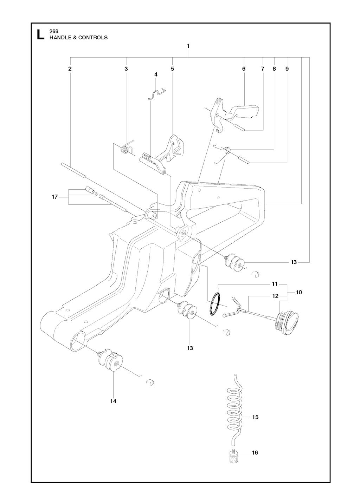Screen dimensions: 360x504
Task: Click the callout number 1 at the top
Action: coord(188,46)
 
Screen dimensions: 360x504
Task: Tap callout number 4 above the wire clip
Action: coord(156,74)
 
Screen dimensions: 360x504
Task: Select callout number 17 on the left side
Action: coord(55,197)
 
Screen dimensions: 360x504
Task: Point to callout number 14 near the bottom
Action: coord(113,401)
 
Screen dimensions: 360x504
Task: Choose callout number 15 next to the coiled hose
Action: coord(255,417)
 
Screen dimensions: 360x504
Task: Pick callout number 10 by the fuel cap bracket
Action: coord(299,292)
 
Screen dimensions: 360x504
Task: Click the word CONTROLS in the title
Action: coord(93,38)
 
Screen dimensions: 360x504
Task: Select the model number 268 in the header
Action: coord(54,32)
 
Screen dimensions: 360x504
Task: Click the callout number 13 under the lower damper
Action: coord(190,348)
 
